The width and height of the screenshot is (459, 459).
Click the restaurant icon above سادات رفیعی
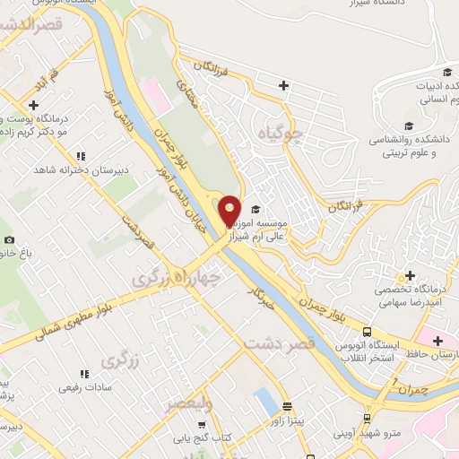coord(85,373)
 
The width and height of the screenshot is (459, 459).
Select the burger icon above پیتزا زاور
coord(287,405)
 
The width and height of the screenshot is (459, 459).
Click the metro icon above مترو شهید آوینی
coord(368,418)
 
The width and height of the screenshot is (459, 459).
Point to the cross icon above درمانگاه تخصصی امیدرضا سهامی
coord(411,275)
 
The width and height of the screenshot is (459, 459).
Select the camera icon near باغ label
coord(9,239)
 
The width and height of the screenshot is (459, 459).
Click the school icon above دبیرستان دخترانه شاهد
coord(82,155)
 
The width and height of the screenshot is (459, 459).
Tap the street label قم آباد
coord(46,83)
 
